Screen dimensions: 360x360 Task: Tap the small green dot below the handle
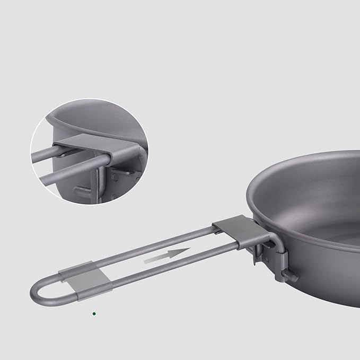(x=94, y=313)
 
